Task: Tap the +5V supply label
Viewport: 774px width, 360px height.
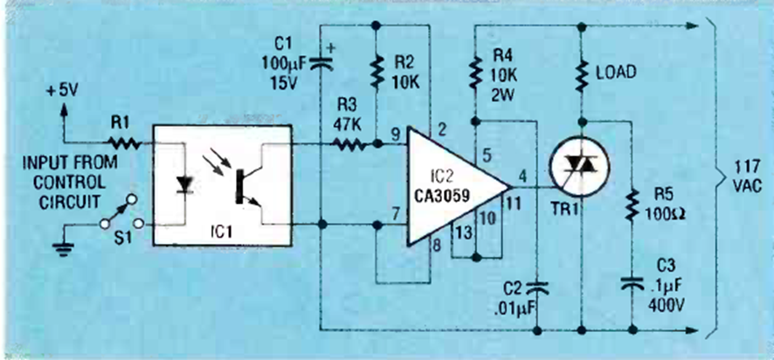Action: point(64,88)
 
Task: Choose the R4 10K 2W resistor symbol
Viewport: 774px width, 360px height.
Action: point(474,73)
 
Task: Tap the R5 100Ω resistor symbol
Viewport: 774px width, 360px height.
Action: point(629,208)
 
